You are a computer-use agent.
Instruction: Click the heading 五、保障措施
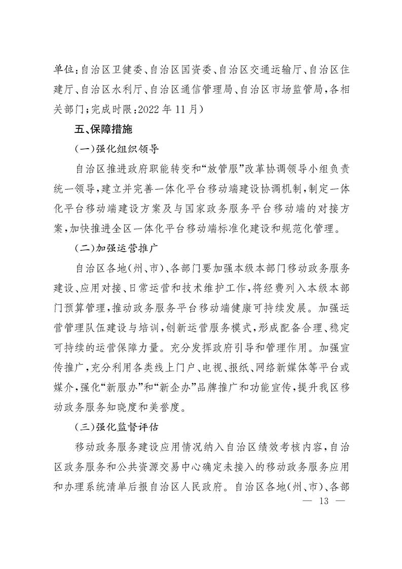click(103, 129)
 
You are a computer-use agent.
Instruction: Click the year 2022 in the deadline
click(150, 108)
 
